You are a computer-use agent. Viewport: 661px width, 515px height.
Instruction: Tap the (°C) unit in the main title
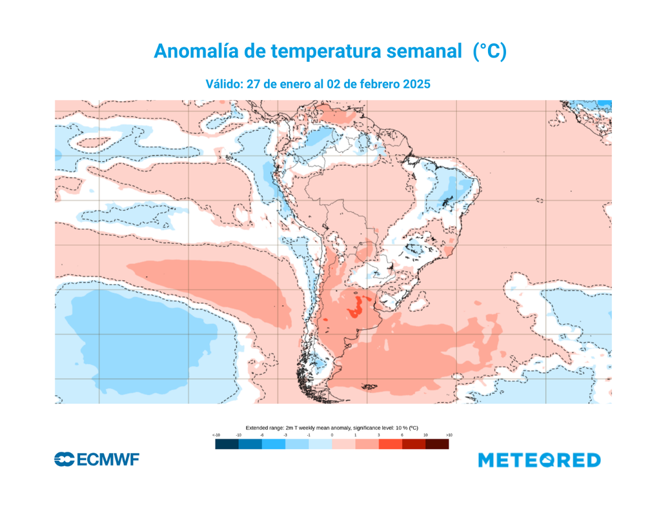(x=489, y=52)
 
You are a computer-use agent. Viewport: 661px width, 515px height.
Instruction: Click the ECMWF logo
(x=97, y=459)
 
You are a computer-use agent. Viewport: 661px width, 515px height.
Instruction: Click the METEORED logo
(x=540, y=460)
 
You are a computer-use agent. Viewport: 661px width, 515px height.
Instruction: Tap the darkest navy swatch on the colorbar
(x=227, y=444)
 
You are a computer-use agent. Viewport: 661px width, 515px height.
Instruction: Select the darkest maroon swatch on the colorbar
(x=437, y=444)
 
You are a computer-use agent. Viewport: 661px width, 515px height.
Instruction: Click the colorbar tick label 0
(x=332, y=436)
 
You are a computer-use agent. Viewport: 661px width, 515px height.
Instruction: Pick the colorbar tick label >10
(x=449, y=436)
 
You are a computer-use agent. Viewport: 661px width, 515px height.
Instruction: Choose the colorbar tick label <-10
(x=216, y=436)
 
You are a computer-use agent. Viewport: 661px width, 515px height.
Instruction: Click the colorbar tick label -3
(x=285, y=436)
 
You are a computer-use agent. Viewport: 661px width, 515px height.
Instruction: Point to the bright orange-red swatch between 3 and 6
(x=390, y=444)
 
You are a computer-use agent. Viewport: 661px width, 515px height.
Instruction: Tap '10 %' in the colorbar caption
(x=395, y=428)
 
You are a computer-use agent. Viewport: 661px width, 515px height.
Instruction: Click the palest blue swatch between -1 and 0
(x=320, y=444)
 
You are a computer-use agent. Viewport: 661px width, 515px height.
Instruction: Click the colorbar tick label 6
(x=402, y=436)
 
